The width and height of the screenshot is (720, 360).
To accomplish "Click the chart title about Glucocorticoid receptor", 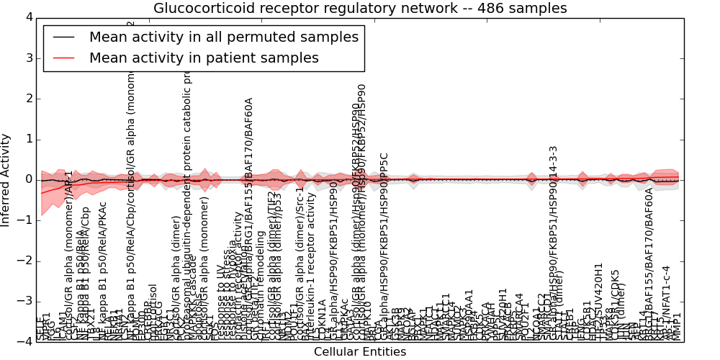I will (360, 8).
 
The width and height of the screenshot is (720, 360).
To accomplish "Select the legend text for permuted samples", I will (223, 37).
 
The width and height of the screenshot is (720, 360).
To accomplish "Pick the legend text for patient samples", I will (204, 58).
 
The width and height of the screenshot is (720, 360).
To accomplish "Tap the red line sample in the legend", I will (63, 58).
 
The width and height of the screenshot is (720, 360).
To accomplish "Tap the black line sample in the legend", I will (63, 37).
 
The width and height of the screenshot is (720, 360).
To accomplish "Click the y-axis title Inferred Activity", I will (6, 179).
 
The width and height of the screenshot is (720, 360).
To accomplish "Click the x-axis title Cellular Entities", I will (360, 352).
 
